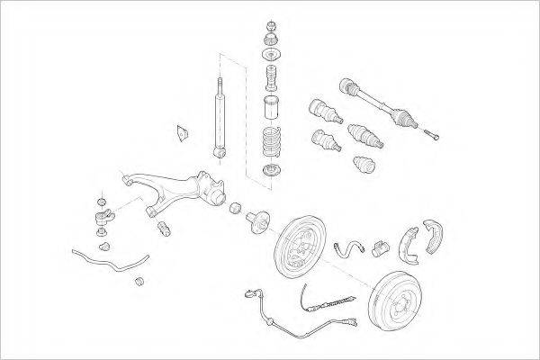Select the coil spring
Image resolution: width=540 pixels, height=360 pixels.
(x=270, y=143)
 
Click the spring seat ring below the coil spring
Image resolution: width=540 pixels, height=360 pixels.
(x=269, y=171)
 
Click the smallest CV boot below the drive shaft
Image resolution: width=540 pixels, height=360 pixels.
(x=363, y=166)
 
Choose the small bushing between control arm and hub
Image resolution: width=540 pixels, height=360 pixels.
(x=234, y=210)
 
